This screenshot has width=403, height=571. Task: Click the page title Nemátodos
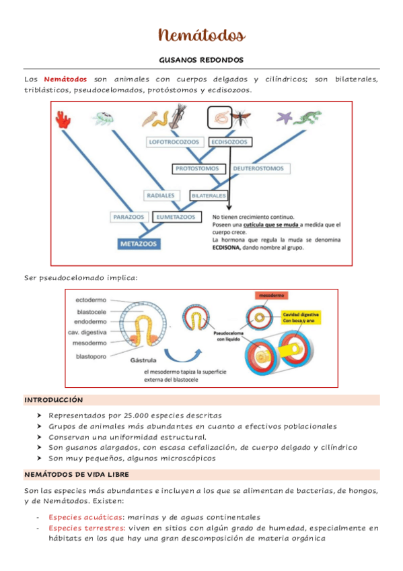[x=201, y=34]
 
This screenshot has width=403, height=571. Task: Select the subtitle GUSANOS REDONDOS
[x=201, y=60]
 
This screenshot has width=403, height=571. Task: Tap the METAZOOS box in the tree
[x=140, y=242]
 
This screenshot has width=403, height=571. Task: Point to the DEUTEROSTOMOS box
[x=258, y=168]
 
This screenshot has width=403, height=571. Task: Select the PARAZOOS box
[x=129, y=217]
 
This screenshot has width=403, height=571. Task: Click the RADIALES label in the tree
[x=160, y=195]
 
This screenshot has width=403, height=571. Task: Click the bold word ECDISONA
[x=231, y=247]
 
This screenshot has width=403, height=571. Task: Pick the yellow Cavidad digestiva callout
[x=300, y=317]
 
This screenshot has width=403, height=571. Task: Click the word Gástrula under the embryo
[x=144, y=360]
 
